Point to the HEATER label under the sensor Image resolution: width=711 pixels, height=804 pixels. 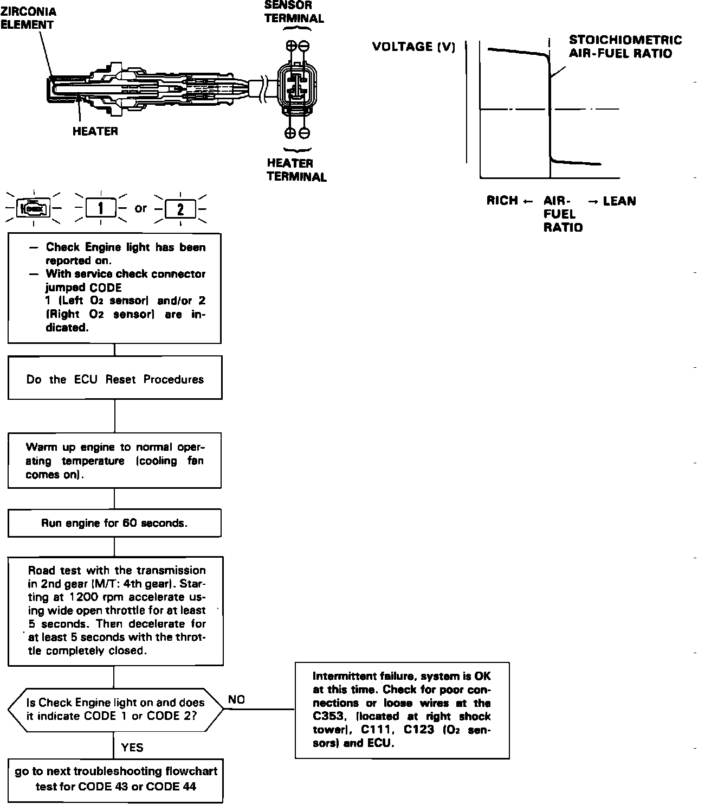tap(95, 131)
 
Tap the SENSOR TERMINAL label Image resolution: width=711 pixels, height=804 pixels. tap(294, 12)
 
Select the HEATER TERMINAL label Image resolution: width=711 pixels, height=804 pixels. tap(296, 170)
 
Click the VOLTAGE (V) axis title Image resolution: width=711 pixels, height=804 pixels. tap(413, 47)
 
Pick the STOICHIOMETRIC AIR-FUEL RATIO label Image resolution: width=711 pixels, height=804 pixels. tap(625, 47)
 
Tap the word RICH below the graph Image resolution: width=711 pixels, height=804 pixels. tap(502, 201)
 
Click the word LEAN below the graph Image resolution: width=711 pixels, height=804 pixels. tap(619, 201)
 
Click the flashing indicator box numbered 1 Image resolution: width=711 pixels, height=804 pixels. tap(101, 208)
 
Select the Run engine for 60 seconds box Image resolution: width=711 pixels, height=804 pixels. tap(115, 523)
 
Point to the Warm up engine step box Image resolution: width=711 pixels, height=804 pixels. tap(115, 461)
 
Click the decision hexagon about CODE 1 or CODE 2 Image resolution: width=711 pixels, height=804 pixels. tap(115, 709)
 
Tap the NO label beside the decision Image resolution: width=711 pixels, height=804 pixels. tap(236, 700)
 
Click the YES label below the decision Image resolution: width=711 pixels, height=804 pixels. tap(132, 748)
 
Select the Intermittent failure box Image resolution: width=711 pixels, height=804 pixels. tap(402, 710)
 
